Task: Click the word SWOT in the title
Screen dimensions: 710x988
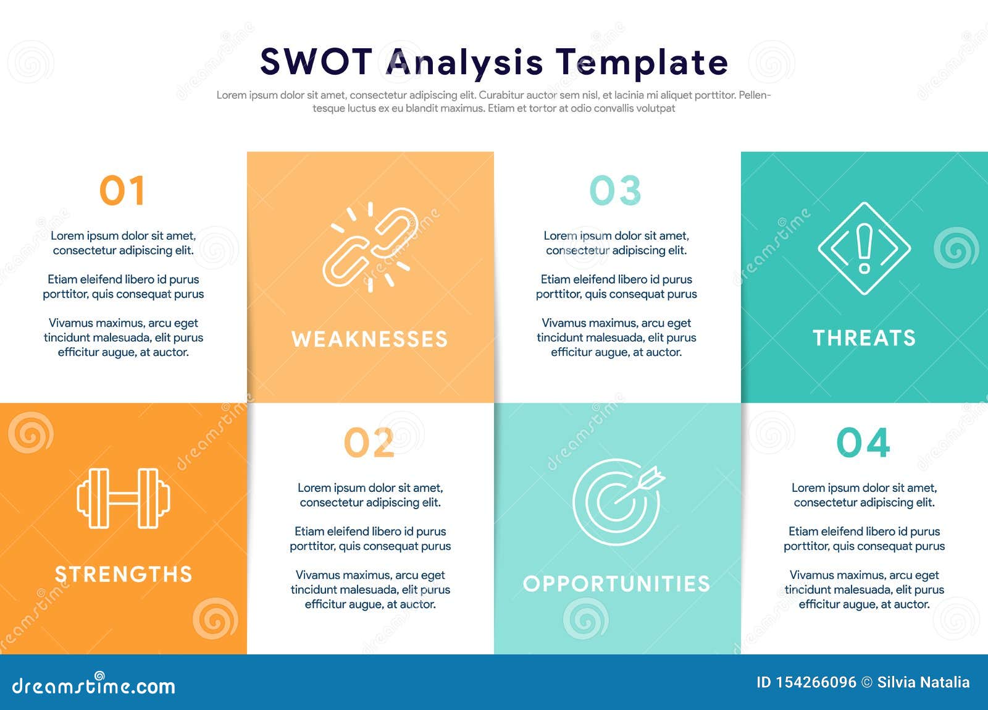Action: point(316,62)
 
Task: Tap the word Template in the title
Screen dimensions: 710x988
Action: point(642,62)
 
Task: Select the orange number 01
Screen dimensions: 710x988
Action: point(122,190)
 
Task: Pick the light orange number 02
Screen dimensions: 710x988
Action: point(369,442)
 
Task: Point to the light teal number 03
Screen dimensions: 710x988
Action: point(616,190)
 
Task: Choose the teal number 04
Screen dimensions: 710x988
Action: point(863,442)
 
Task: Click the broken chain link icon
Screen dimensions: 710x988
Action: point(370,247)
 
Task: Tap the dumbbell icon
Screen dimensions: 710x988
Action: point(124,498)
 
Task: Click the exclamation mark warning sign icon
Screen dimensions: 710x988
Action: point(864,248)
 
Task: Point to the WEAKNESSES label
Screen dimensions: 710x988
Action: point(369,339)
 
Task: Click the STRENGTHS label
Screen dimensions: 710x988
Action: point(124,575)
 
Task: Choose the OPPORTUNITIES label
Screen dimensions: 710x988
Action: point(616,584)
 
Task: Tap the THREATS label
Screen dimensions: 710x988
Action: point(864,338)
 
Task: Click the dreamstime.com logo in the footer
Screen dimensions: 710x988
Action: point(94,685)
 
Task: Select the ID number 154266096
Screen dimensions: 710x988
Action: point(816,683)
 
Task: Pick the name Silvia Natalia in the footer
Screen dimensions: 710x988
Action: point(923,683)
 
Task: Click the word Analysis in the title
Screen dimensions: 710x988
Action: point(464,62)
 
